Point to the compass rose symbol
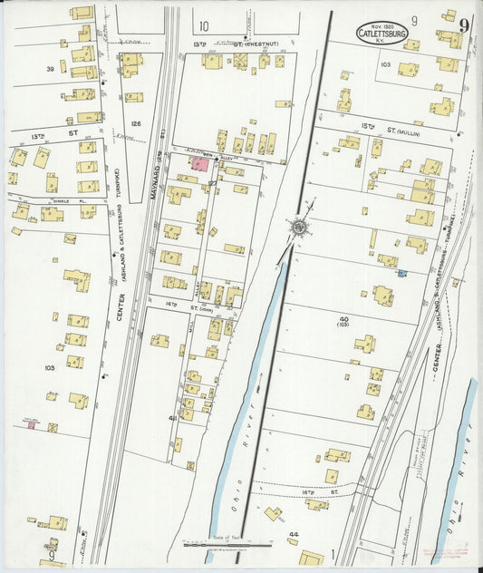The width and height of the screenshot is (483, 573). coord(298,227)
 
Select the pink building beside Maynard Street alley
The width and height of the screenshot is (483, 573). coord(198,162)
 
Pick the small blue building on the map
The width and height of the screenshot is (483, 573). coord(401,272)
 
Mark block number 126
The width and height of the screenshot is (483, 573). coord(136,123)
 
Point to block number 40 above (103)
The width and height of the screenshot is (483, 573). coord(343,319)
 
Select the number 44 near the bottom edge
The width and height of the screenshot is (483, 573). coord(293,535)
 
